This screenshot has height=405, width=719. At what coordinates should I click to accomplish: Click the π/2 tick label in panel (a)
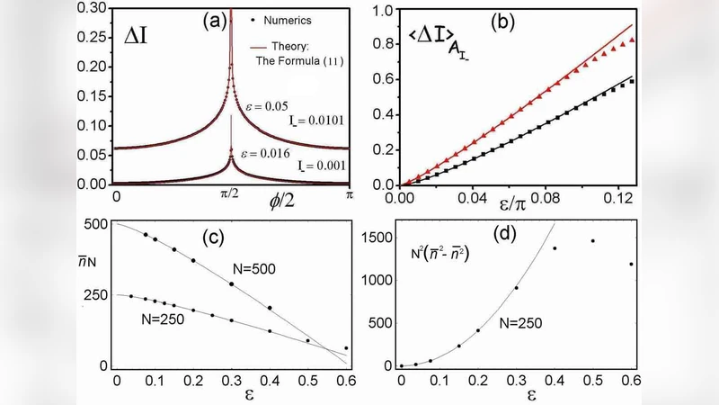click(231, 193)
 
